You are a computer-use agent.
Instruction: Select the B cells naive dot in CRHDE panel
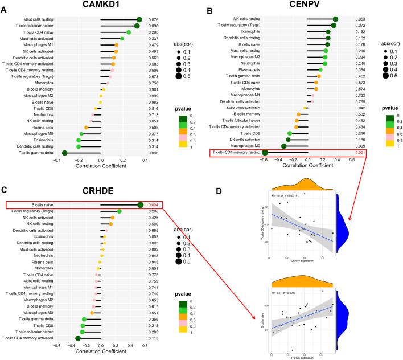pyautogui.click(x=141, y=204)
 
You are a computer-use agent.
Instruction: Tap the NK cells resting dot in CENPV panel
pyautogui.click(x=336, y=19)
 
